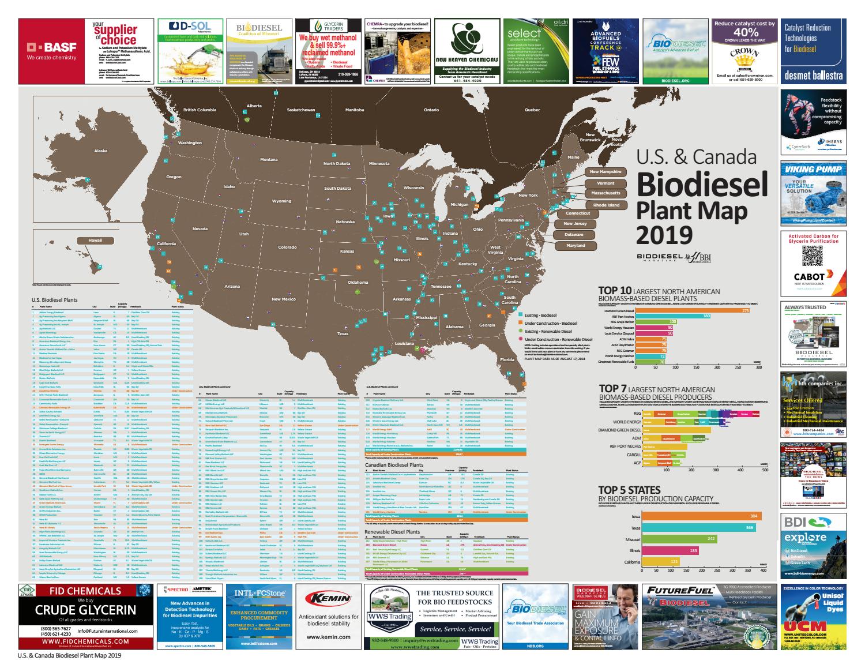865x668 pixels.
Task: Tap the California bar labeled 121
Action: [665, 561]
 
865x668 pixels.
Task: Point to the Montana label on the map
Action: [269, 159]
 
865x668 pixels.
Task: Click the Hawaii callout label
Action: [95, 239]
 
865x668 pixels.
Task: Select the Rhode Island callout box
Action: [606, 205]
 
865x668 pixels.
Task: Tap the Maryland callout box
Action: [575, 246]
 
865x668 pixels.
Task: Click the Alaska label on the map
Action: [100, 151]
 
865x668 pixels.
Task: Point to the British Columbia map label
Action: [200, 110]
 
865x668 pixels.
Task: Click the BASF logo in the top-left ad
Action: [48, 51]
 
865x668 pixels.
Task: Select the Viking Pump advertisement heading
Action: [813, 171]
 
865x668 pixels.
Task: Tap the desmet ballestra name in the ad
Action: [813, 75]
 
